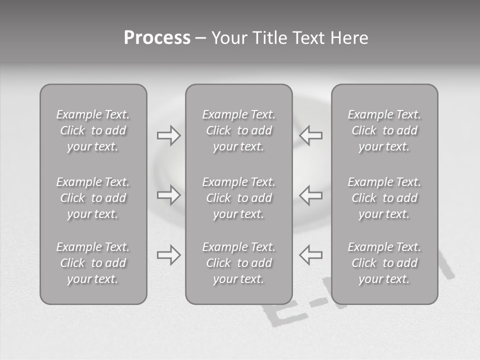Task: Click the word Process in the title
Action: (x=157, y=38)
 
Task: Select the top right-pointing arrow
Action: (x=168, y=135)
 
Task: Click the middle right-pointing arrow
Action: (x=168, y=194)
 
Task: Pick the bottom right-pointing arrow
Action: (x=168, y=255)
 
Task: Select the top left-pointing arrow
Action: (x=311, y=135)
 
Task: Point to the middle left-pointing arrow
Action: (x=311, y=194)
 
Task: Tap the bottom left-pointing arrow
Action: (x=311, y=255)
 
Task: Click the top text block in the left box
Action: (x=93, y=130)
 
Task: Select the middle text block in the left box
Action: (x=93, y=198)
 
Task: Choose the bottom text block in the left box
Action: (x=93, y=263)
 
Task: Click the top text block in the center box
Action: (x=239, y=130)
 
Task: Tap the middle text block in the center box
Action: (x=239, y=198)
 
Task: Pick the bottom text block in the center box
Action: (x=239, y=263)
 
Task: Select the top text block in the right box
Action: (x=384, y=130)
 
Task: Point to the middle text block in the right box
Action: (x=384, y=198)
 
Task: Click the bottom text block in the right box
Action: (x=384, y=263)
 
